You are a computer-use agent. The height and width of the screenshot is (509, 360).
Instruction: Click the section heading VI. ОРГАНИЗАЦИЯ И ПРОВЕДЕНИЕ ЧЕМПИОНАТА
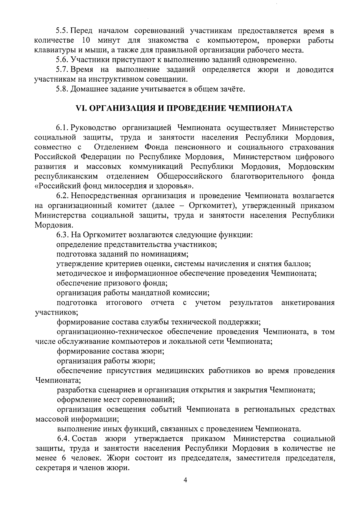pos(185,108)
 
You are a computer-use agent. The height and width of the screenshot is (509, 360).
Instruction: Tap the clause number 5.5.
pos(63,31)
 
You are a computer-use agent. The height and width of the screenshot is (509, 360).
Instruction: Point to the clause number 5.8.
pos(63,89)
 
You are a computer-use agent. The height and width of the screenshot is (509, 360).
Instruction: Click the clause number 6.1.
pos(63,128)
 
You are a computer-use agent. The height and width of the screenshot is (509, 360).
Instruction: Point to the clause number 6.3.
pos(63,234)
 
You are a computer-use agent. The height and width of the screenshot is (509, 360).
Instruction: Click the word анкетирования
pos(308,303)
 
